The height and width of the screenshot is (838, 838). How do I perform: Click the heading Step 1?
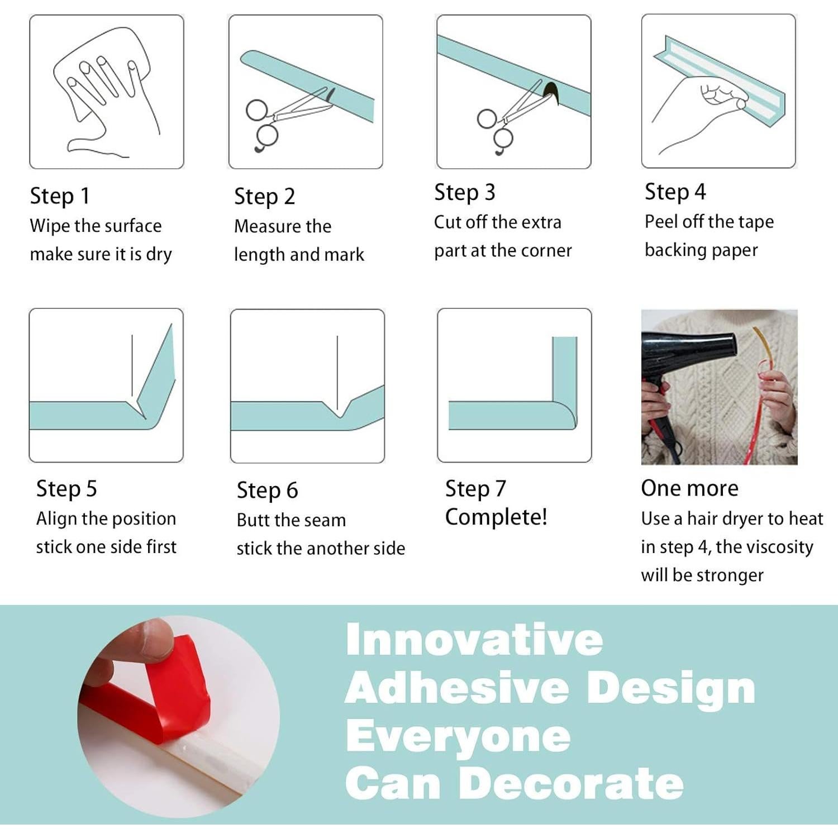[60, 196]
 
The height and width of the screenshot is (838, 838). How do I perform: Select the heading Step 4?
[675, 192]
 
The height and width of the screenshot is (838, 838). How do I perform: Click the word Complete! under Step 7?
[496, 517]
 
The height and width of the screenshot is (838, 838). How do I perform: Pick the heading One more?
[690, 488]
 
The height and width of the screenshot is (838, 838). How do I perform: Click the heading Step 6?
[267, 491]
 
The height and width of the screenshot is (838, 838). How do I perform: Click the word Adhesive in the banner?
[457, 688]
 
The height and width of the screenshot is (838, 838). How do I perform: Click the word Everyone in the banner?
[458, 736]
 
